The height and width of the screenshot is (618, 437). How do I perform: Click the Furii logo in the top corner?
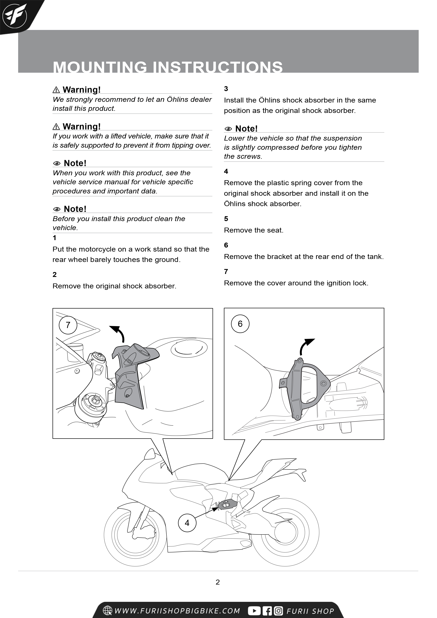(15, 15)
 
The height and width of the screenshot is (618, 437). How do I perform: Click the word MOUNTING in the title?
(100, 67)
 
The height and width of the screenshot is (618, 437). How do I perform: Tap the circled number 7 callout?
(68, 325)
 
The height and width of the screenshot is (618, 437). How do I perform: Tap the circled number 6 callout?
(240, 324)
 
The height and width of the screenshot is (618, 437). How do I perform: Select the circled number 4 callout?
(187, 523)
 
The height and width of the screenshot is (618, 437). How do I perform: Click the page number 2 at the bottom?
(218, 582)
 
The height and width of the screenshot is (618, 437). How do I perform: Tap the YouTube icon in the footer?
(254, 611)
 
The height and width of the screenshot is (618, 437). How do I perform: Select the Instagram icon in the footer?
(278, 611)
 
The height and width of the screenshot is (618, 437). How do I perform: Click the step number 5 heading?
(226, 219)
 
